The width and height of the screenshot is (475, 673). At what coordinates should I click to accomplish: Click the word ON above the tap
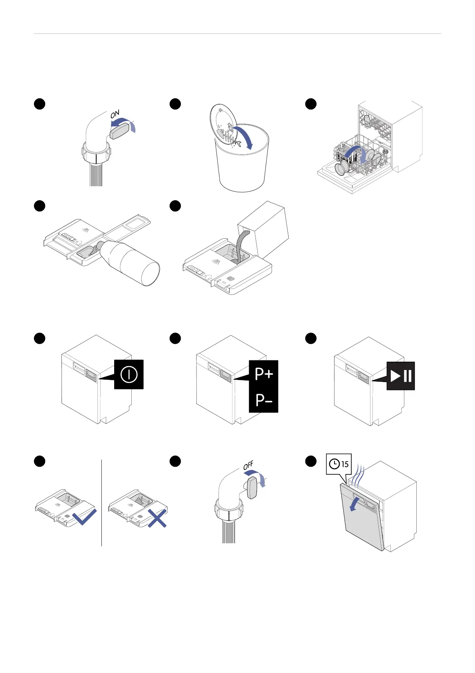click(x=115, y=114)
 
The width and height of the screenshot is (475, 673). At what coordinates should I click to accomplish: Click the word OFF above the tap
click(x=248, y=466)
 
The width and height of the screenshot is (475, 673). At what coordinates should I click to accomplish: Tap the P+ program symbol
click(x=264, y=374)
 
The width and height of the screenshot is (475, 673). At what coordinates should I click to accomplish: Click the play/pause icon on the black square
click(x=401, y=376)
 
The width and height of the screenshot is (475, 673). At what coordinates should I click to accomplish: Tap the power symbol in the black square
click(x=129, y=374)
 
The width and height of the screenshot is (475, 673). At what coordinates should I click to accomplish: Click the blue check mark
click(x=85, y=516)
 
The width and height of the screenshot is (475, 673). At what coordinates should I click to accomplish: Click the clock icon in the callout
click(x=334, y=464)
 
